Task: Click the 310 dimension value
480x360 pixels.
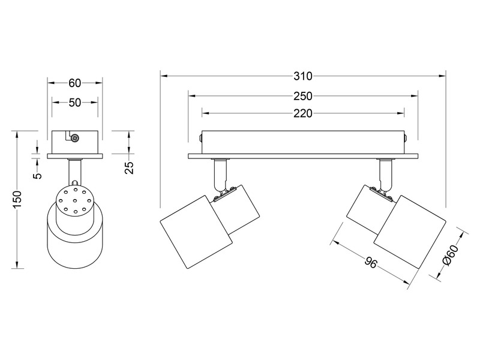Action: (x=303, y=76)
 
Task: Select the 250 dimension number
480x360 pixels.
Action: (x=303, y=95)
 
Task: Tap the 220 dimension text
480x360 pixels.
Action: (x=303, y=113)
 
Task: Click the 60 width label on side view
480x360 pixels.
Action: (x=75, y=83)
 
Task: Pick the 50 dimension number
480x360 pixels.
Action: (x=75, y=103)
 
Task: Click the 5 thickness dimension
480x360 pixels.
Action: (x=37, y=175)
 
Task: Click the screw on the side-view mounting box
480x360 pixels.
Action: (x=75, y=139)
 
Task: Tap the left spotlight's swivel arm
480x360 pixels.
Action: (x=220, y=173)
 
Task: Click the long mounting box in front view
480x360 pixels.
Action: (x=303, y=142)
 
